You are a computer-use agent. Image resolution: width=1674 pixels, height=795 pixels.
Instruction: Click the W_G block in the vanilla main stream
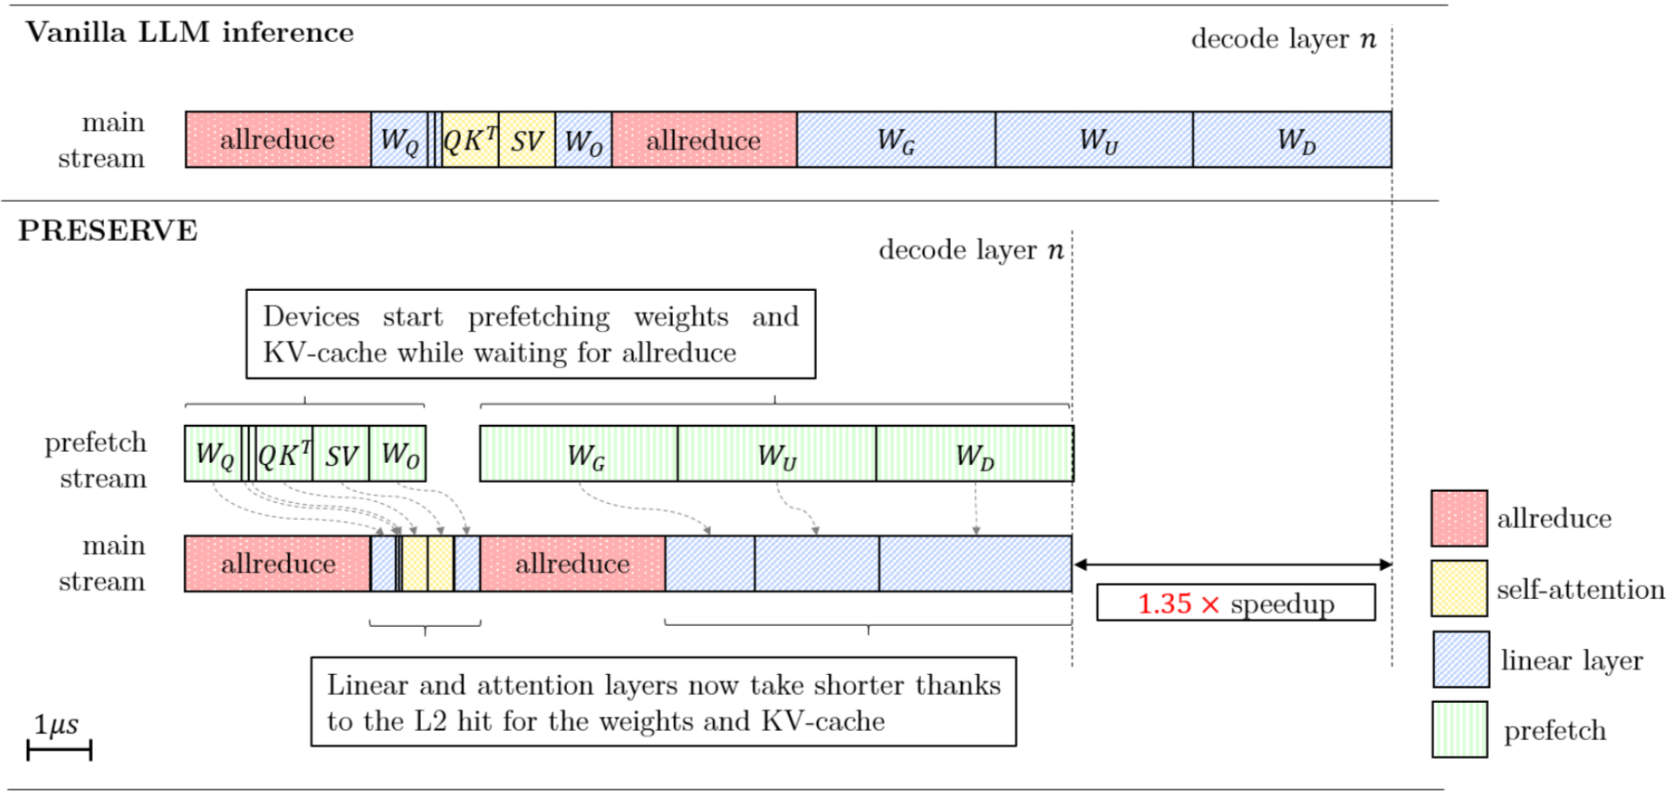(x=895, y=139)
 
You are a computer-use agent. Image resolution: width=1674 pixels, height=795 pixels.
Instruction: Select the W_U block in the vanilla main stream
(x=1094, y=139)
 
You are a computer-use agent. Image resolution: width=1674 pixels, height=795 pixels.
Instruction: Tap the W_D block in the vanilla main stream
(x=1292, y=139)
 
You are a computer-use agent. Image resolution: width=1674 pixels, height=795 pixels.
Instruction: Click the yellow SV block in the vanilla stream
(x=527, y=139)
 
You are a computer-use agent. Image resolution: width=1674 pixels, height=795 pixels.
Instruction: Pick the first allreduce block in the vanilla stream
(x=278, y=139)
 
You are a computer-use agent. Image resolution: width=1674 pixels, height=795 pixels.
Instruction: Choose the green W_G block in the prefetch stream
(x=578, y=454)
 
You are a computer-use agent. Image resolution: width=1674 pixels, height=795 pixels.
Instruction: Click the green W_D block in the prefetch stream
(x=974, y=454)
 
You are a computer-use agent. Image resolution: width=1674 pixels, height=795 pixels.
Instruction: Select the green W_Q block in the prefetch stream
(x=213, y=454)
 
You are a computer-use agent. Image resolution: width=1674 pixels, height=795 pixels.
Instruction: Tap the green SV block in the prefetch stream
(x=341, y=454)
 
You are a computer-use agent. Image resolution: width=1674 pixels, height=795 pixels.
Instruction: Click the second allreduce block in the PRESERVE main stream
(x=573, y=563)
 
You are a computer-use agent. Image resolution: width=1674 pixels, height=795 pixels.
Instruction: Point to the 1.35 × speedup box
(x=1235, y=603)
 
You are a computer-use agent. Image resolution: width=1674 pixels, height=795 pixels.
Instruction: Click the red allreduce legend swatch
(x=1458, y=518)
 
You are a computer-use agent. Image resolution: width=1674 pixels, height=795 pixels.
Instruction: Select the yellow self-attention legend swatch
(x=1458, y=589)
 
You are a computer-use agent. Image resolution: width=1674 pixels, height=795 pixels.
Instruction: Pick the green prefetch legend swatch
(x=1459, y=730)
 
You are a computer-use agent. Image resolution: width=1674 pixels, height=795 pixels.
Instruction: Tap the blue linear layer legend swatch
(x=1460, y=659)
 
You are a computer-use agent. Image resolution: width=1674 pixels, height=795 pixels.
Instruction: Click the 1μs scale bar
(x=59, y=749)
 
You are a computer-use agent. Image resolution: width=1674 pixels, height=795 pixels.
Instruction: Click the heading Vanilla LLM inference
(x=190, y=33)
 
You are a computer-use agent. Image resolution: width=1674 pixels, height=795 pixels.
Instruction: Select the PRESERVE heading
(x=108, y=231)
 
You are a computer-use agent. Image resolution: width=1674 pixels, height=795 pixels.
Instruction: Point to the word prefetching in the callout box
(x=538, y=317)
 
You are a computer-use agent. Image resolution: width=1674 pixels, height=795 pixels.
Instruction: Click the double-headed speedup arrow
(x=1232, y=564)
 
